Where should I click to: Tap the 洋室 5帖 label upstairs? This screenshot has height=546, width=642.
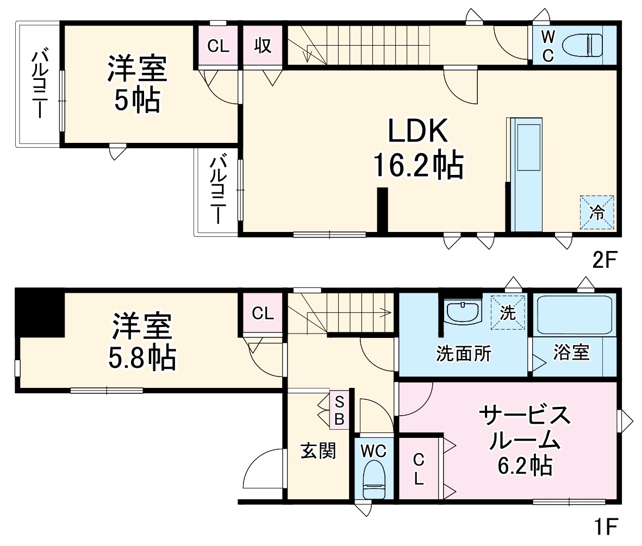coord(137,84)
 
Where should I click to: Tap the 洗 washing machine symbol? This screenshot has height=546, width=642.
coord(508,312)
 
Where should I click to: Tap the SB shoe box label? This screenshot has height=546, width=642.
coord(339,410)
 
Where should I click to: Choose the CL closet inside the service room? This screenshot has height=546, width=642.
coord(418,469)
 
